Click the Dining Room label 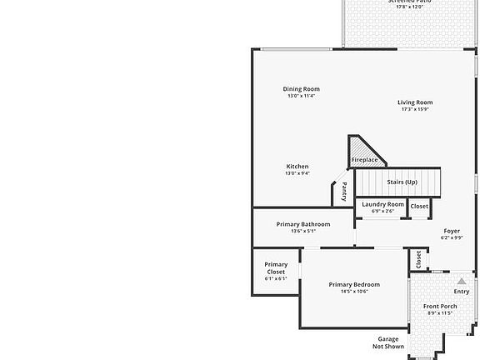[x=302, y=89]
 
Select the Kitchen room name [x=297, y=167]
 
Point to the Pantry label [x=344, y=192]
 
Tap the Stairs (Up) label [x=402, y=181]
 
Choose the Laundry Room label [x=383, y=204]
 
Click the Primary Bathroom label [x=303, y=224]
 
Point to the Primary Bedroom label [x=354, y=284]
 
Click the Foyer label [x=452, y=231]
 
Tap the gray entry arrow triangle [x=462, y=282]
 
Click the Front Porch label [x=439, y=307]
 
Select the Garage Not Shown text [x=388, y=342]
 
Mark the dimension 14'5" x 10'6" [x=354, y=292]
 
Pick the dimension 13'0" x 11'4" [x=302, y=96]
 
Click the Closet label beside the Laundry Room [x=419, y=206]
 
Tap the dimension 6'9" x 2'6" [x=383, y=211]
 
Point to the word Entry [x=462, y=292]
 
